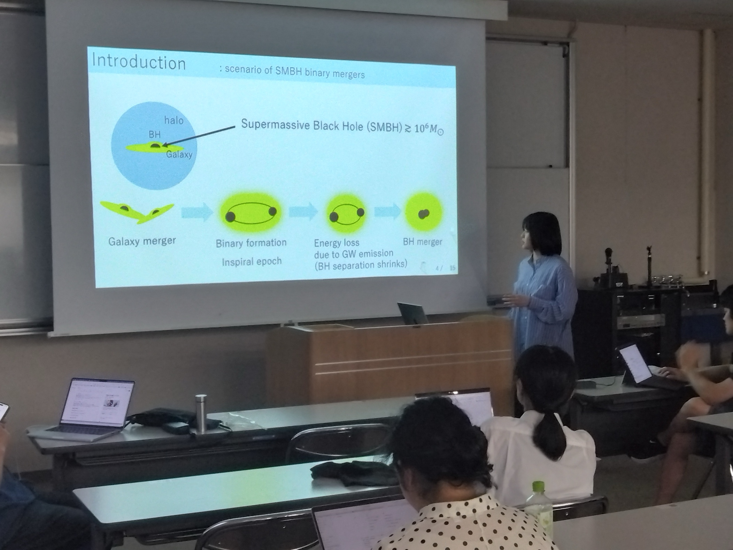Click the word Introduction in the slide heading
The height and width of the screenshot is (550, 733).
pyautogui.click(x=138, y=62)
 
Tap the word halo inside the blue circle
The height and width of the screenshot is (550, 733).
pyautogui.click(x=173, y=121)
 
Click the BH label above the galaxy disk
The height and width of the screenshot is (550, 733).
pyautogui.click(x=154, y=135)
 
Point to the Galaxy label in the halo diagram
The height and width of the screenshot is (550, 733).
pyautogui.click(x=179, y=154)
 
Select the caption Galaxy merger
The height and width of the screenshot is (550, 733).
pyautogui.click(x=142, y=241)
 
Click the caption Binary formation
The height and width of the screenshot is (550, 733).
pyautogui.click(x=251, y=243)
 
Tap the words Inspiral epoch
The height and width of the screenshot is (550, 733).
pyautogui.click(x=252, y=261)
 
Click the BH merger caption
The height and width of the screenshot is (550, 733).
pyautogui.click(x=422, y=242)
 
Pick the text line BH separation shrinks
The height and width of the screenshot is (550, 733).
pyautogui.click(x=361, y=265)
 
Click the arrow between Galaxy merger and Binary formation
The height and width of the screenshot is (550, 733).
pyautogui.click(x=197, y=211)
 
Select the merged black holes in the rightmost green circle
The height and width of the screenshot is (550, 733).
pyautogui.click(x=424, y=214)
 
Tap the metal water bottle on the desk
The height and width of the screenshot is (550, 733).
pyautogui.click(x=201, y=413)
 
